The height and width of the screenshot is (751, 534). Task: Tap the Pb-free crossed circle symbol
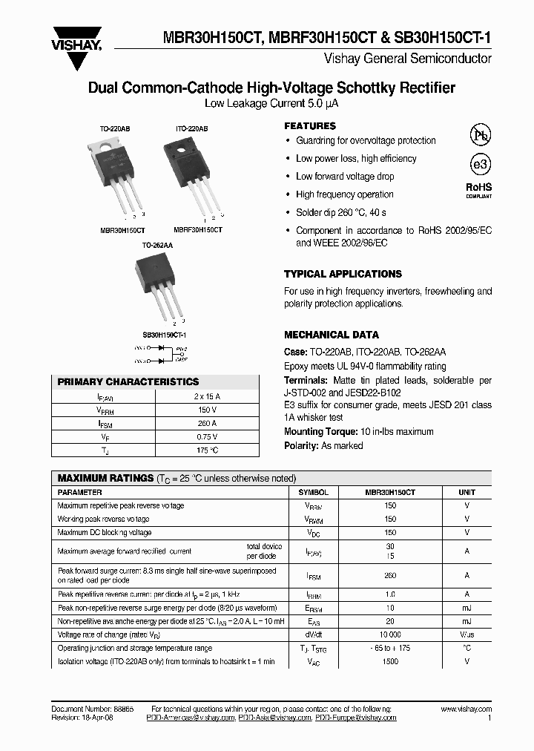click(480, 135)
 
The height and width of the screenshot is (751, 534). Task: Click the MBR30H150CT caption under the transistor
click(122, 230)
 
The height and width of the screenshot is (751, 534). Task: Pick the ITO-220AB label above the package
click(191, 128)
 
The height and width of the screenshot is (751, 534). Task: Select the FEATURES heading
click(310, 126)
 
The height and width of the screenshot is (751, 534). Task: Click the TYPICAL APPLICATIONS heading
click(343, 274)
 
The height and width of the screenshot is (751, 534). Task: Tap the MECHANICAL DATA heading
click(332, 335)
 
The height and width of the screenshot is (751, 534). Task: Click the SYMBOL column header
click(313, 492)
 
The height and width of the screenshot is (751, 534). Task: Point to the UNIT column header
click(467, 492)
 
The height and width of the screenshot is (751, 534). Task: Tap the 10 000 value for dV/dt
click(390, 634)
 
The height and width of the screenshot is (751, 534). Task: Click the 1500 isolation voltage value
click(390, 661)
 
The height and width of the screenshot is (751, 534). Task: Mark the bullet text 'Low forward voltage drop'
click(345, 177)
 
